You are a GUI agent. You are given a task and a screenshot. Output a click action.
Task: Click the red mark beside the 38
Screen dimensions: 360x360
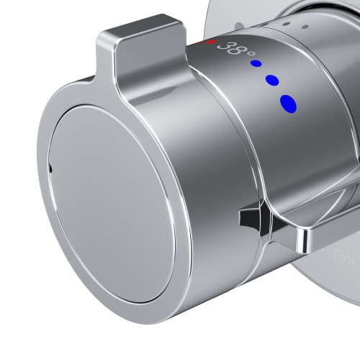click(210, 43)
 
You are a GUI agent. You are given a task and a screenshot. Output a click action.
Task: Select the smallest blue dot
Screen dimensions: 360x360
click(256, 63)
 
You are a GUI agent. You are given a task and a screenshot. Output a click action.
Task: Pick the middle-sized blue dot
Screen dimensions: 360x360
click(271, 80)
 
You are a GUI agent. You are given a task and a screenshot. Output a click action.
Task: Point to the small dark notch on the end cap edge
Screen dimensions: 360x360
click(50, 170)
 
